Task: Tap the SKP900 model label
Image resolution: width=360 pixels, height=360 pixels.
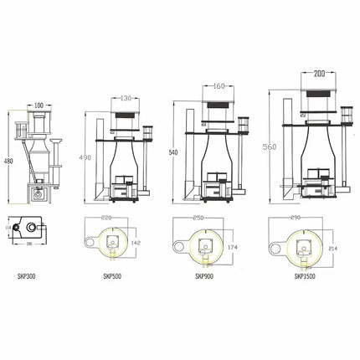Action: pyautogui.click(x=204, y=276)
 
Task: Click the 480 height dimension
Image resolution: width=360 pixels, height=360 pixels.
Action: pyautogui.click(x=8, y=162)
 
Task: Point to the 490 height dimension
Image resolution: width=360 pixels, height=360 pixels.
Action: pyautogui.click(x=82, y=157)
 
